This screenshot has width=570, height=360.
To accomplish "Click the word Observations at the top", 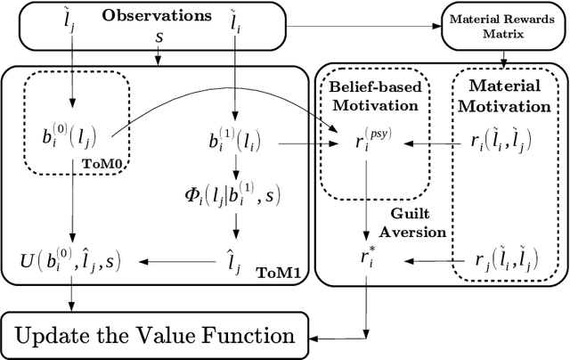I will point(158,16).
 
